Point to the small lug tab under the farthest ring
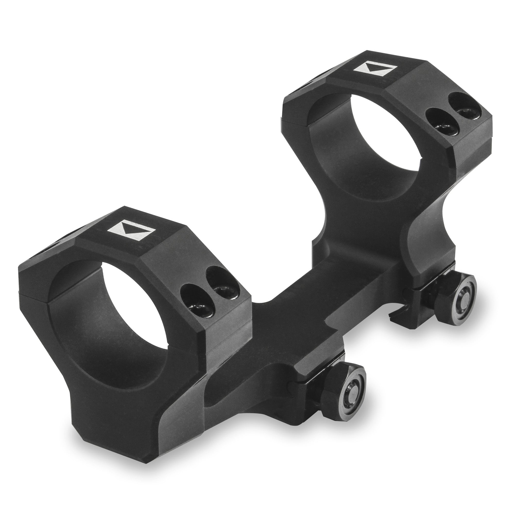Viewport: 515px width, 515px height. [x=394, y=317]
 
